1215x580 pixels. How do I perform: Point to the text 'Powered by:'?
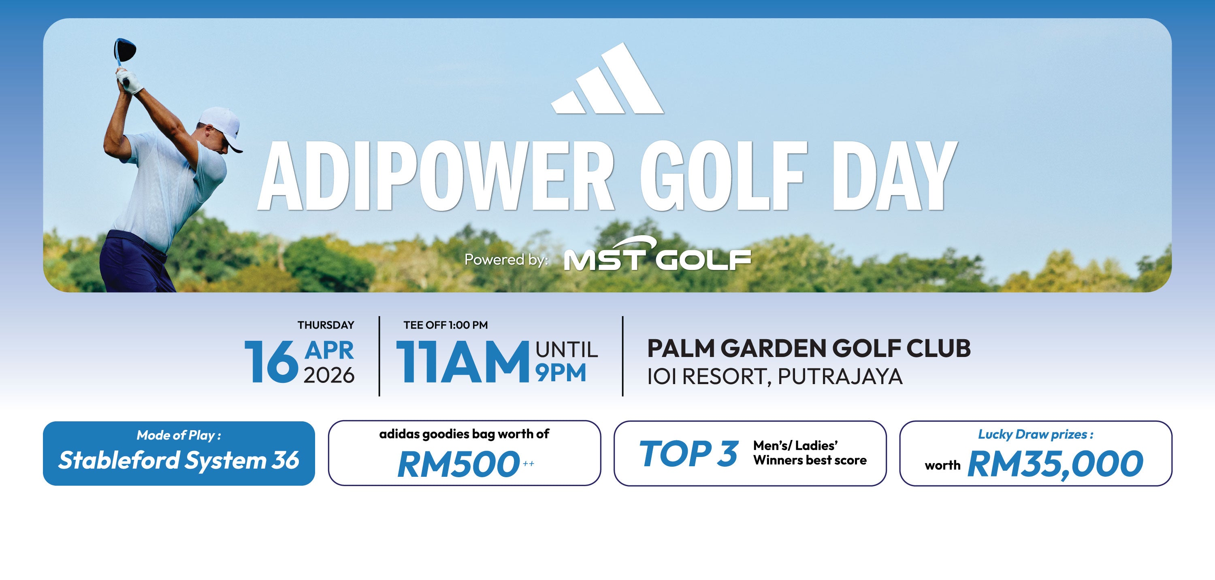click(507, 259)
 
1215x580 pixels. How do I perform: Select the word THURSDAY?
click(326, 325)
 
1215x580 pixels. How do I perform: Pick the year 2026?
click(329, 375)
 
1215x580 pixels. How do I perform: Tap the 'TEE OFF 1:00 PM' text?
click(446, 325)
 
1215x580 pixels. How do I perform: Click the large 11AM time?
click(463, 362)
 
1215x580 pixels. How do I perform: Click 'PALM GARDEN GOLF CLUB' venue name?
click(808, 348)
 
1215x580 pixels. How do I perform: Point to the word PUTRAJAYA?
click(840, 376)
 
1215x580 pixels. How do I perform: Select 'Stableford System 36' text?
click(179, 460)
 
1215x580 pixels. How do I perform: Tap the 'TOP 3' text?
click(688, 454)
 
